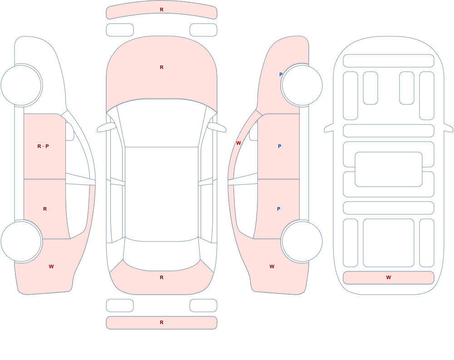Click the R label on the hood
point(162,67)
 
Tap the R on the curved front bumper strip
point(162,10)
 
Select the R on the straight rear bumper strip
point(162,322)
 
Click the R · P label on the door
point(43,146)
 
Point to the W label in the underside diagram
point(389,277)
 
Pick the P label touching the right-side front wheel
point(281,74)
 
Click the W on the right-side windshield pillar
point(238,143)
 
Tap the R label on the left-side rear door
point(45,209)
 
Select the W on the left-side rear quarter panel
point(51,266)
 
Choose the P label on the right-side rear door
point(279,209)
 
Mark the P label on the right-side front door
point(279,146)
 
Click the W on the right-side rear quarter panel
point(272,266)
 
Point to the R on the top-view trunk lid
point(162,277)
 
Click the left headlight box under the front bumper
point(120,30)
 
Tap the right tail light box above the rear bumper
point(203,306)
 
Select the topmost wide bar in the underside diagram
point(389,61)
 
